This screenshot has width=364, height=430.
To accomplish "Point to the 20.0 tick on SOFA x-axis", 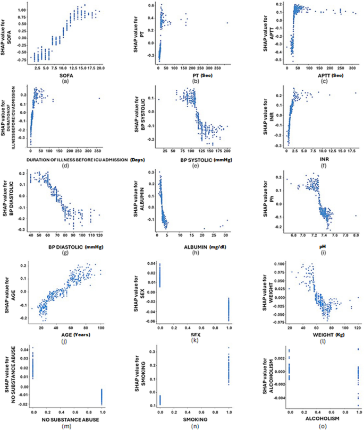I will click(x=101, y=67).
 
